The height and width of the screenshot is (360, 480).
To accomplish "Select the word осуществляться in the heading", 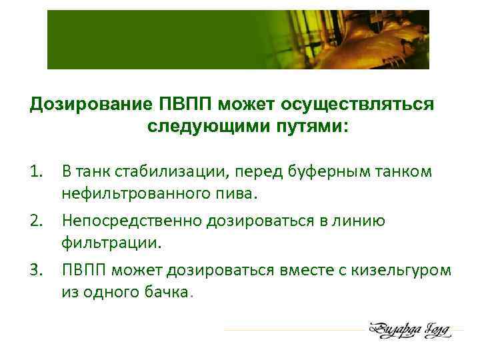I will coord(358,105).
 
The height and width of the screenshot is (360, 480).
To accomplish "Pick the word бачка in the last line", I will coord(167,294).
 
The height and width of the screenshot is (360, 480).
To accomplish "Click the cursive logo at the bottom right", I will coord(409,330).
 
